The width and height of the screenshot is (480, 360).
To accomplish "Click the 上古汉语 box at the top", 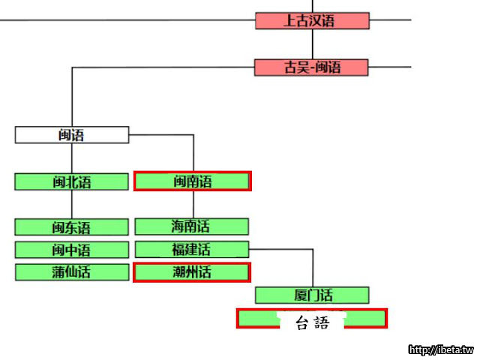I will (x=312, y=20).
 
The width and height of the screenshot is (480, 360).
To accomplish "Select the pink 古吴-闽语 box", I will (x=312, y=67).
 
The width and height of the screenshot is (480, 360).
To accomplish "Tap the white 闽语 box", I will (x=72, y=135).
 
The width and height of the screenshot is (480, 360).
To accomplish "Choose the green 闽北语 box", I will (x=72, y=181).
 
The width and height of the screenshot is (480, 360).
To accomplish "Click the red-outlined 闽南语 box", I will (x=192, y=181).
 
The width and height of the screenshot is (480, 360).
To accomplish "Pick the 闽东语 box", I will (x=72, y=227).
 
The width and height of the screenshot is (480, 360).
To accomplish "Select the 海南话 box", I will (x=192, y=226).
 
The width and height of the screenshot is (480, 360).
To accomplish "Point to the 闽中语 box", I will (x=72, y=250).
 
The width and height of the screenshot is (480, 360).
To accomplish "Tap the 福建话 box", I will (x=192, y=249).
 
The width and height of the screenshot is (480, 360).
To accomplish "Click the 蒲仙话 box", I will (x=72, y=272).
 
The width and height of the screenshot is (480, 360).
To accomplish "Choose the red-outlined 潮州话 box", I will (x=192, y=272).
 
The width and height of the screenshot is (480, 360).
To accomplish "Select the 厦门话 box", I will (x=312, y=295).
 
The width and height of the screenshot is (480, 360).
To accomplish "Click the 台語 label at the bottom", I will (x=312, y=323).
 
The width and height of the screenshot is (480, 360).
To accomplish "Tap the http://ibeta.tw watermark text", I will (x=440, y=350).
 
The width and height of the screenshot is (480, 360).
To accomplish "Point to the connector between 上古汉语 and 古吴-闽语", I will (x=312, y=44).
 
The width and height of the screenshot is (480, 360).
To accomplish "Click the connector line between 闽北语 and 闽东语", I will (x=72, y=204).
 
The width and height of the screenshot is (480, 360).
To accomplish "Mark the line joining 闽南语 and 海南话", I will (x=193, y=204).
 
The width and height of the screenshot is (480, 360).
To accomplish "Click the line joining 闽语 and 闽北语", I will (x=72, y=158).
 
